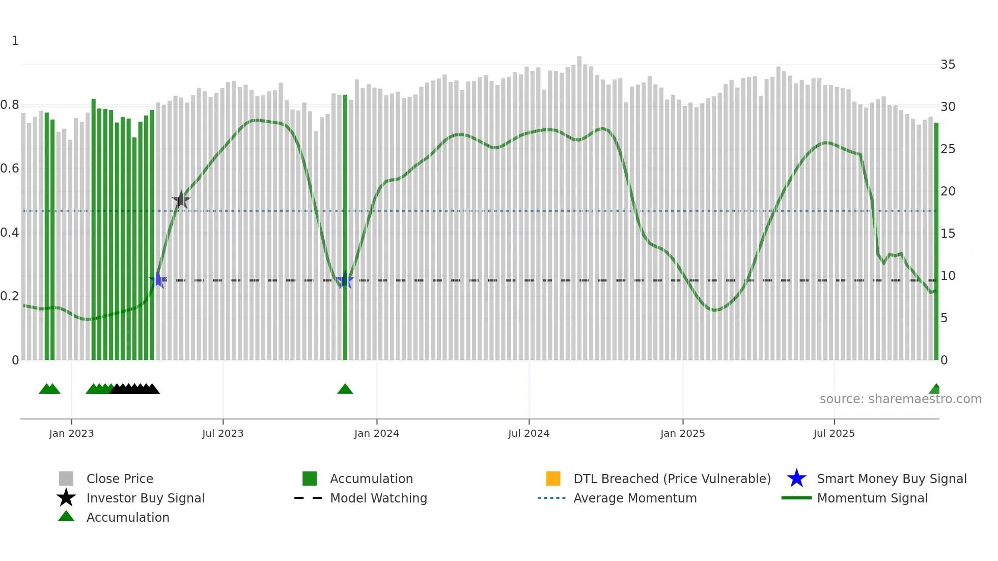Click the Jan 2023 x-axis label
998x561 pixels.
[71, 433]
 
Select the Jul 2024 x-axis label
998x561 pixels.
[529, 433]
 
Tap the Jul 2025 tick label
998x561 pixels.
[834, 433]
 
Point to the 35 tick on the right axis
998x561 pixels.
[948, 65]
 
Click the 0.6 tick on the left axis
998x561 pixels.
[10, 169]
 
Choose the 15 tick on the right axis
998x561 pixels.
[948, 234]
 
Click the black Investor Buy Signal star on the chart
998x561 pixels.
[181, 200]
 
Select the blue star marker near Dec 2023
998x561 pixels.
[345, 280]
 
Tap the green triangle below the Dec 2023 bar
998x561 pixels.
[345, 389]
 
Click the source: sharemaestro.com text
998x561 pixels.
[900, 399]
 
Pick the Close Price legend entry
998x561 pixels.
[120, 479]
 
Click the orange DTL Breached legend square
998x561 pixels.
[553, 479]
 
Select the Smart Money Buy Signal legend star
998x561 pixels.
[796, 479]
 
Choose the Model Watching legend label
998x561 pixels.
[378, 498]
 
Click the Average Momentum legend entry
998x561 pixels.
[635, 498]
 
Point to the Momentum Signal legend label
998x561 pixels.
[872, 498]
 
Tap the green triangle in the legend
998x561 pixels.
[66, 517]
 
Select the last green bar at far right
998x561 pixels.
[936, 239]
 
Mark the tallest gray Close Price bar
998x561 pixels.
[579, 204]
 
